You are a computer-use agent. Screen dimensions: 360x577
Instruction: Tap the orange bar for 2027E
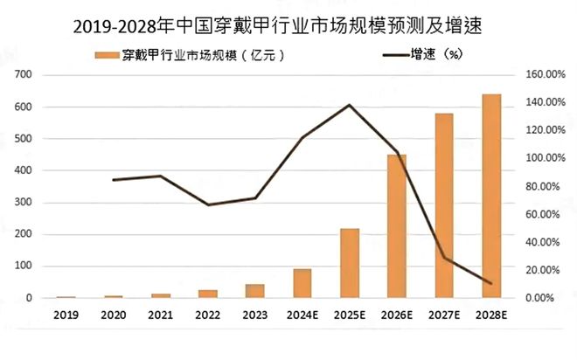click(x=444, y=205)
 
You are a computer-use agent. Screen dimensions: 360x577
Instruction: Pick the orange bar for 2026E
click(x=397, y=226)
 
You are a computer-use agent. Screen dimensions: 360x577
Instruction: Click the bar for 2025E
click(x=350, y=263)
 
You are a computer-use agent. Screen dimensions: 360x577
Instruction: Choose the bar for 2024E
click(x=302, y=283)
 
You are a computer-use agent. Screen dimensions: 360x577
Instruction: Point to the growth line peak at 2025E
click(x=350, y=105)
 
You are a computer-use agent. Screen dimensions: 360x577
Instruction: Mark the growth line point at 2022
click(x=208, y=204)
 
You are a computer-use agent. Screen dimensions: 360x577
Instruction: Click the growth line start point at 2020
click(x=114, y=180)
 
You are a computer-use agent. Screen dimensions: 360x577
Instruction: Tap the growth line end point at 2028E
click(x=491, y=283)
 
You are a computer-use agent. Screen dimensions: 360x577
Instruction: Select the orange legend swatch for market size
click(x=108, y=56)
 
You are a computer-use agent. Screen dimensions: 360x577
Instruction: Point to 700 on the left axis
click(x=23, y=75)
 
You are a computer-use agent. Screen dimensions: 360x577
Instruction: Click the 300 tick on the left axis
click(x=23, y=203)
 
